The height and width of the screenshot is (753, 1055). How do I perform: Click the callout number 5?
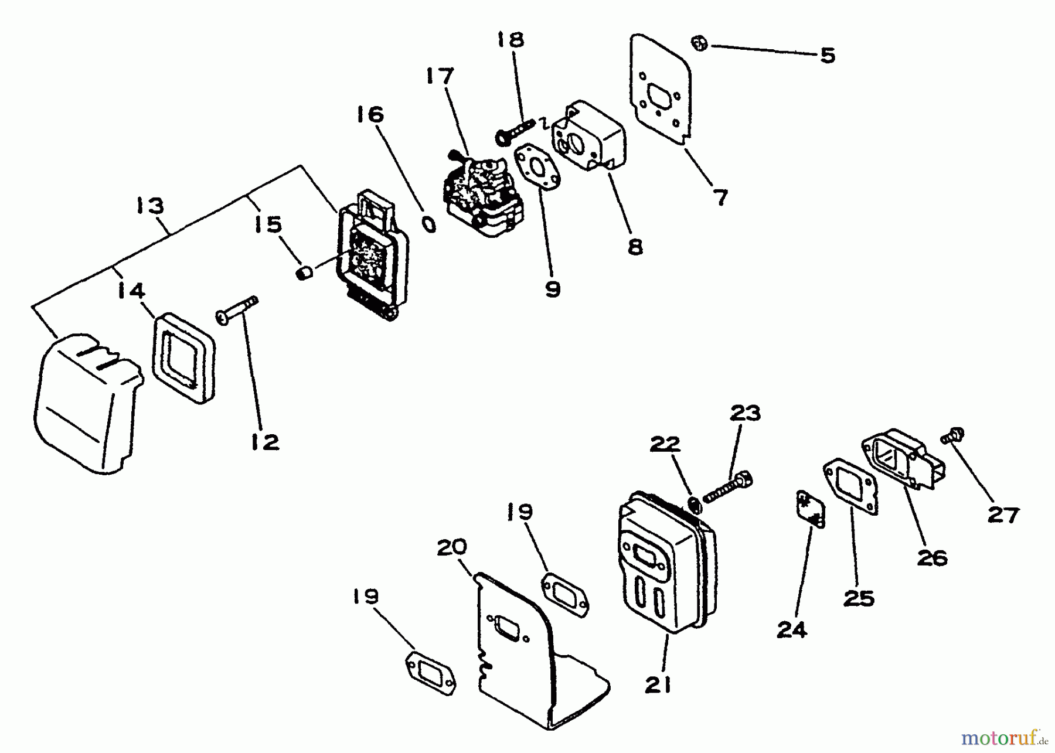[827, 56]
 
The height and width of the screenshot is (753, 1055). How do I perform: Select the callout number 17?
[440, 76]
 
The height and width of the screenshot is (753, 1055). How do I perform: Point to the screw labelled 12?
[237, 309]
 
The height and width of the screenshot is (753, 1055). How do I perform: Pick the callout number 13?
[151, 206]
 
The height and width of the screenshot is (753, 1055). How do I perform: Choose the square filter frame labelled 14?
[184, 357]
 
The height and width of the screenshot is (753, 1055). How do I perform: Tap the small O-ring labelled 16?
[429, 224]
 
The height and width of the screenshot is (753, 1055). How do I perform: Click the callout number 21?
[658, 684]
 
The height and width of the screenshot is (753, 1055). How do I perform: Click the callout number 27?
[1003, 515]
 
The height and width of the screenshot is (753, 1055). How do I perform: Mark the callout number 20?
[452, 547]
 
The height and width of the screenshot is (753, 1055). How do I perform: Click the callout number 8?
[635, 247]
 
